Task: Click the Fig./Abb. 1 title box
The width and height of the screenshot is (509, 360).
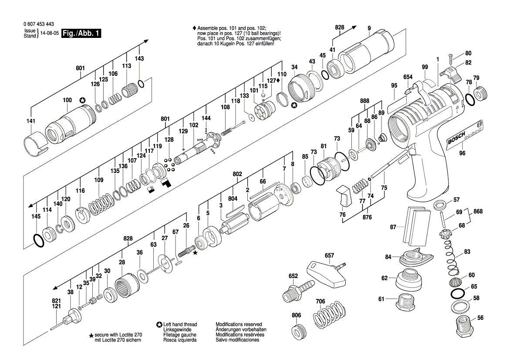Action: (81, 33)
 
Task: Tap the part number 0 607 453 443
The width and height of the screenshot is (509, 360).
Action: (39, 24)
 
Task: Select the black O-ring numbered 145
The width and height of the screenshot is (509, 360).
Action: (38, 240)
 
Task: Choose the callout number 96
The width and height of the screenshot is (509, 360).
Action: (462, 153)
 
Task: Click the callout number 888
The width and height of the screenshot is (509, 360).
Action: (364, 101)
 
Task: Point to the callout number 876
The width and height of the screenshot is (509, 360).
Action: (367, 217)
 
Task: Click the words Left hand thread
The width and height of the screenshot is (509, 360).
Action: (180, 324)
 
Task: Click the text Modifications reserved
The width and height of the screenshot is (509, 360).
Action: (239, 324)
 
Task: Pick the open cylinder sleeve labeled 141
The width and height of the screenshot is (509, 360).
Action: (36, 143)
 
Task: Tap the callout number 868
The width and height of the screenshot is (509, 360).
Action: (478, 211)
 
